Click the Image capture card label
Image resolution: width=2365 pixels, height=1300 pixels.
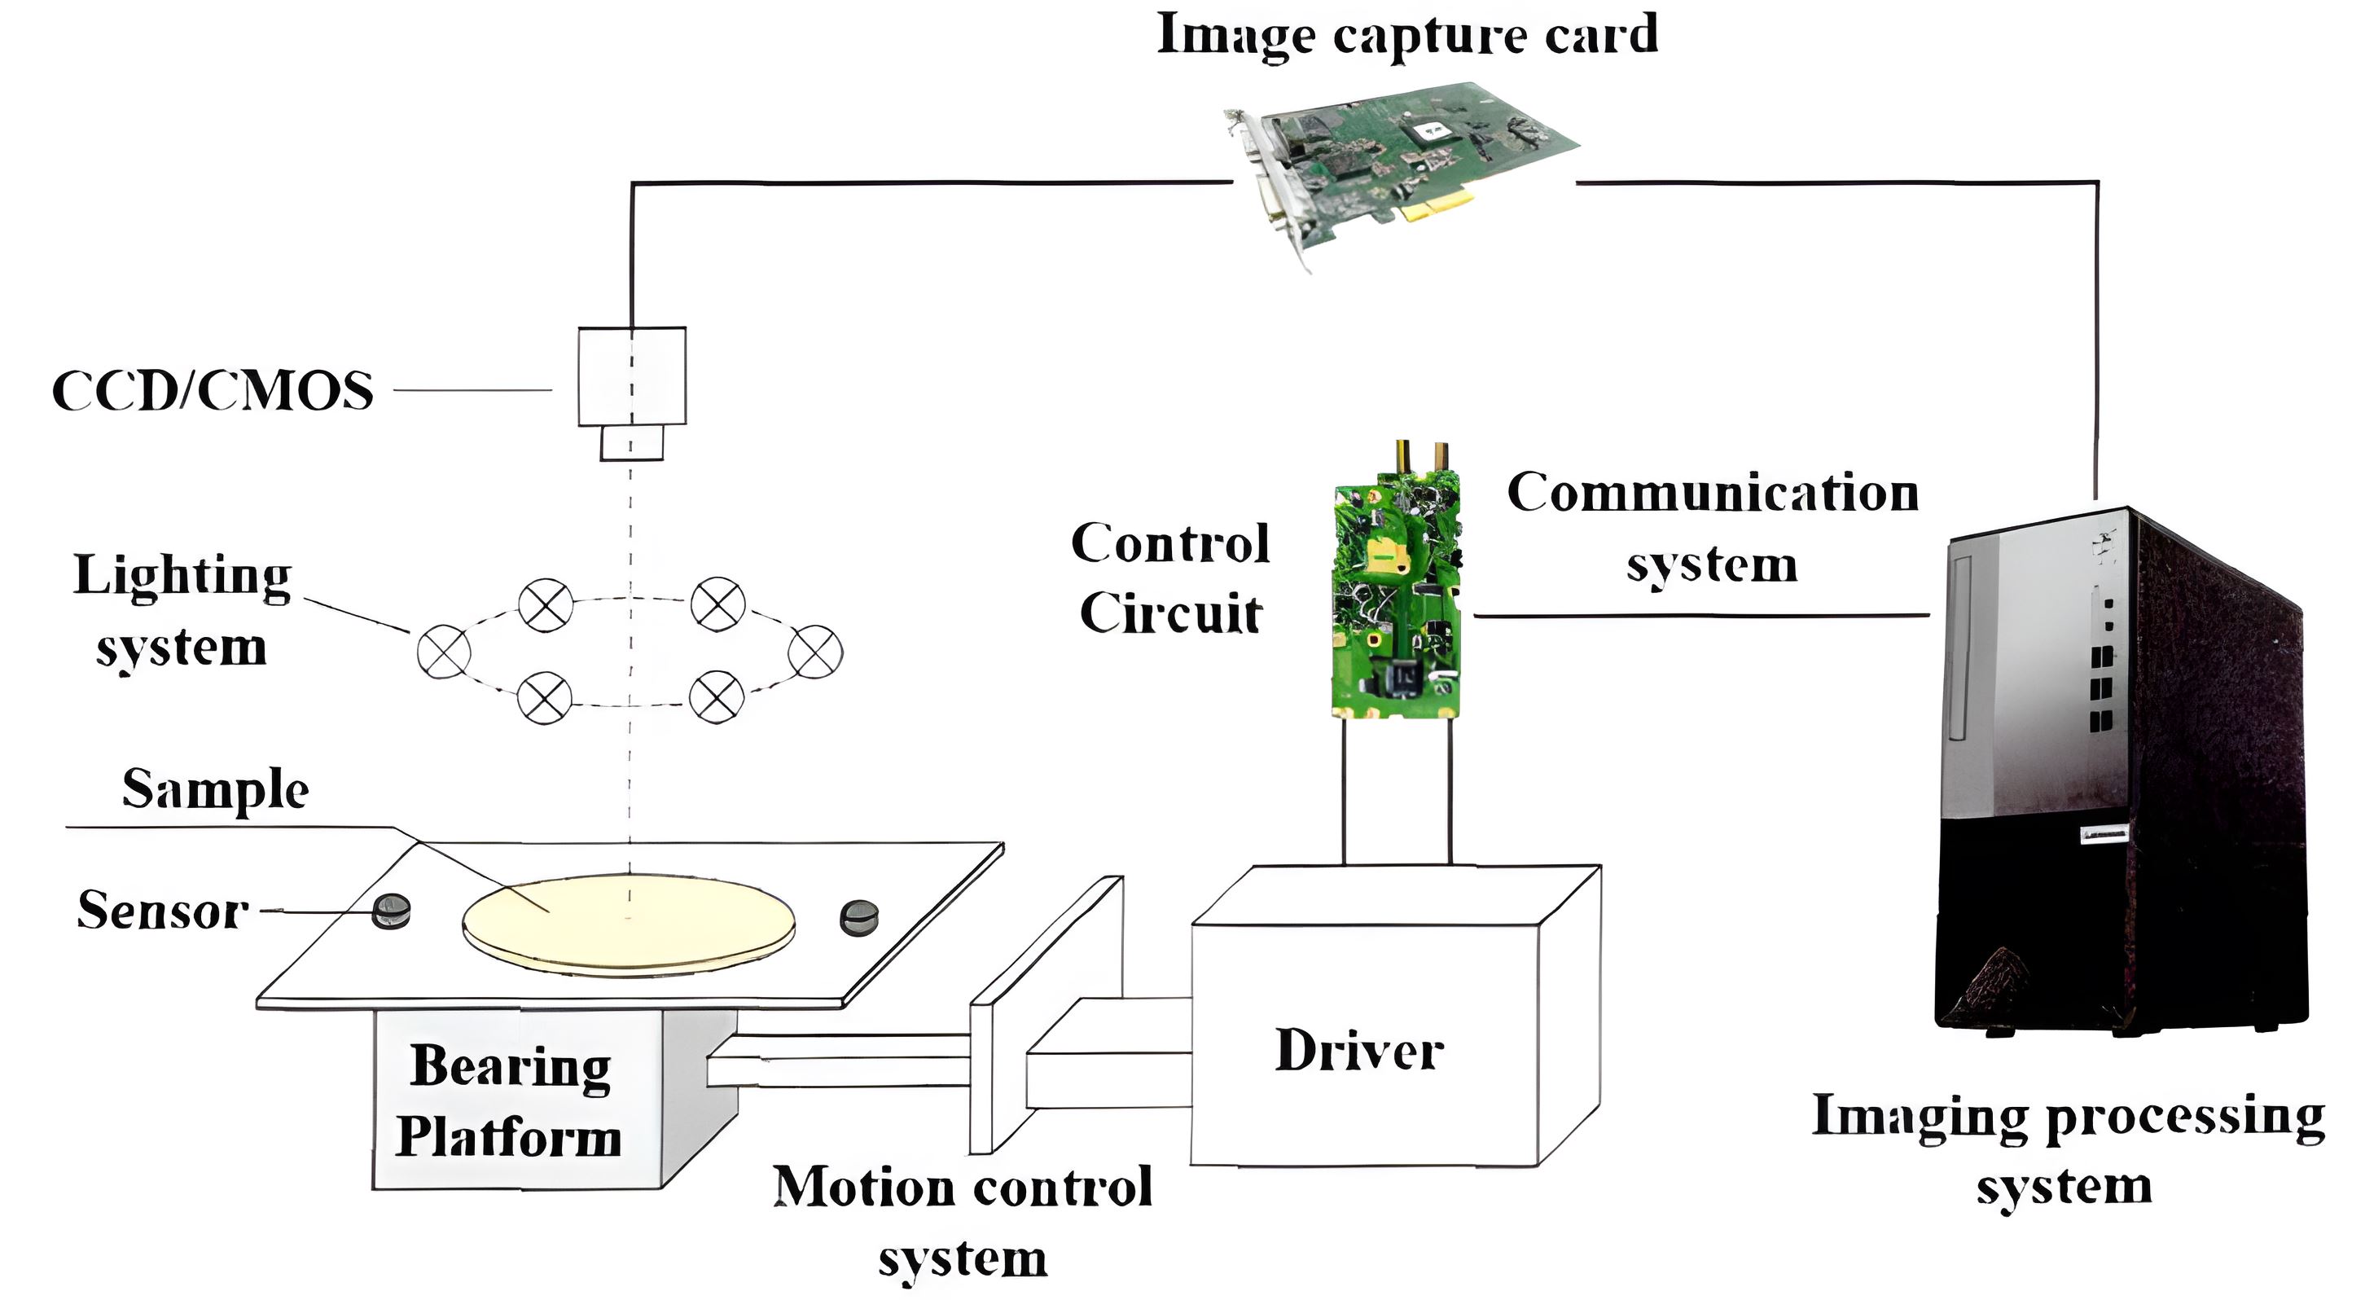tap(1406, 35)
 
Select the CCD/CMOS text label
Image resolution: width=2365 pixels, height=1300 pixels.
tap(213, 391)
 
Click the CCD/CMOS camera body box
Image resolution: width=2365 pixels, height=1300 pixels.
tap(632, 376)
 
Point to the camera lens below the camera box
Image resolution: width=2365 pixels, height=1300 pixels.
tap(632, 442)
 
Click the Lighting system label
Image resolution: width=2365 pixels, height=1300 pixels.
tap(182, 611)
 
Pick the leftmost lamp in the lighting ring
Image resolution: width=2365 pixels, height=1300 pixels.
tap(445, 652)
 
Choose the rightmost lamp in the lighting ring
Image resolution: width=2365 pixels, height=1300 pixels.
tap(815, 652)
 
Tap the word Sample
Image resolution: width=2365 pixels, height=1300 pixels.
tap(216, 789)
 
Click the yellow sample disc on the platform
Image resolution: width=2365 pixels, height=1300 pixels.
tap(629, 923)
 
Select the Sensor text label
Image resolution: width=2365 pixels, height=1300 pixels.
tap(164, 911)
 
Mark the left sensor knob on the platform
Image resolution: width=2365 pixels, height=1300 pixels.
tap(391, 911)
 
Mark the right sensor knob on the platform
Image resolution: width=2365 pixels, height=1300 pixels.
tap(859, 916)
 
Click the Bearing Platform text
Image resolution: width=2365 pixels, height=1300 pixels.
tap(511, 1102)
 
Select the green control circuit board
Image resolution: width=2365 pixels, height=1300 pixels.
tap(1396, 597)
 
